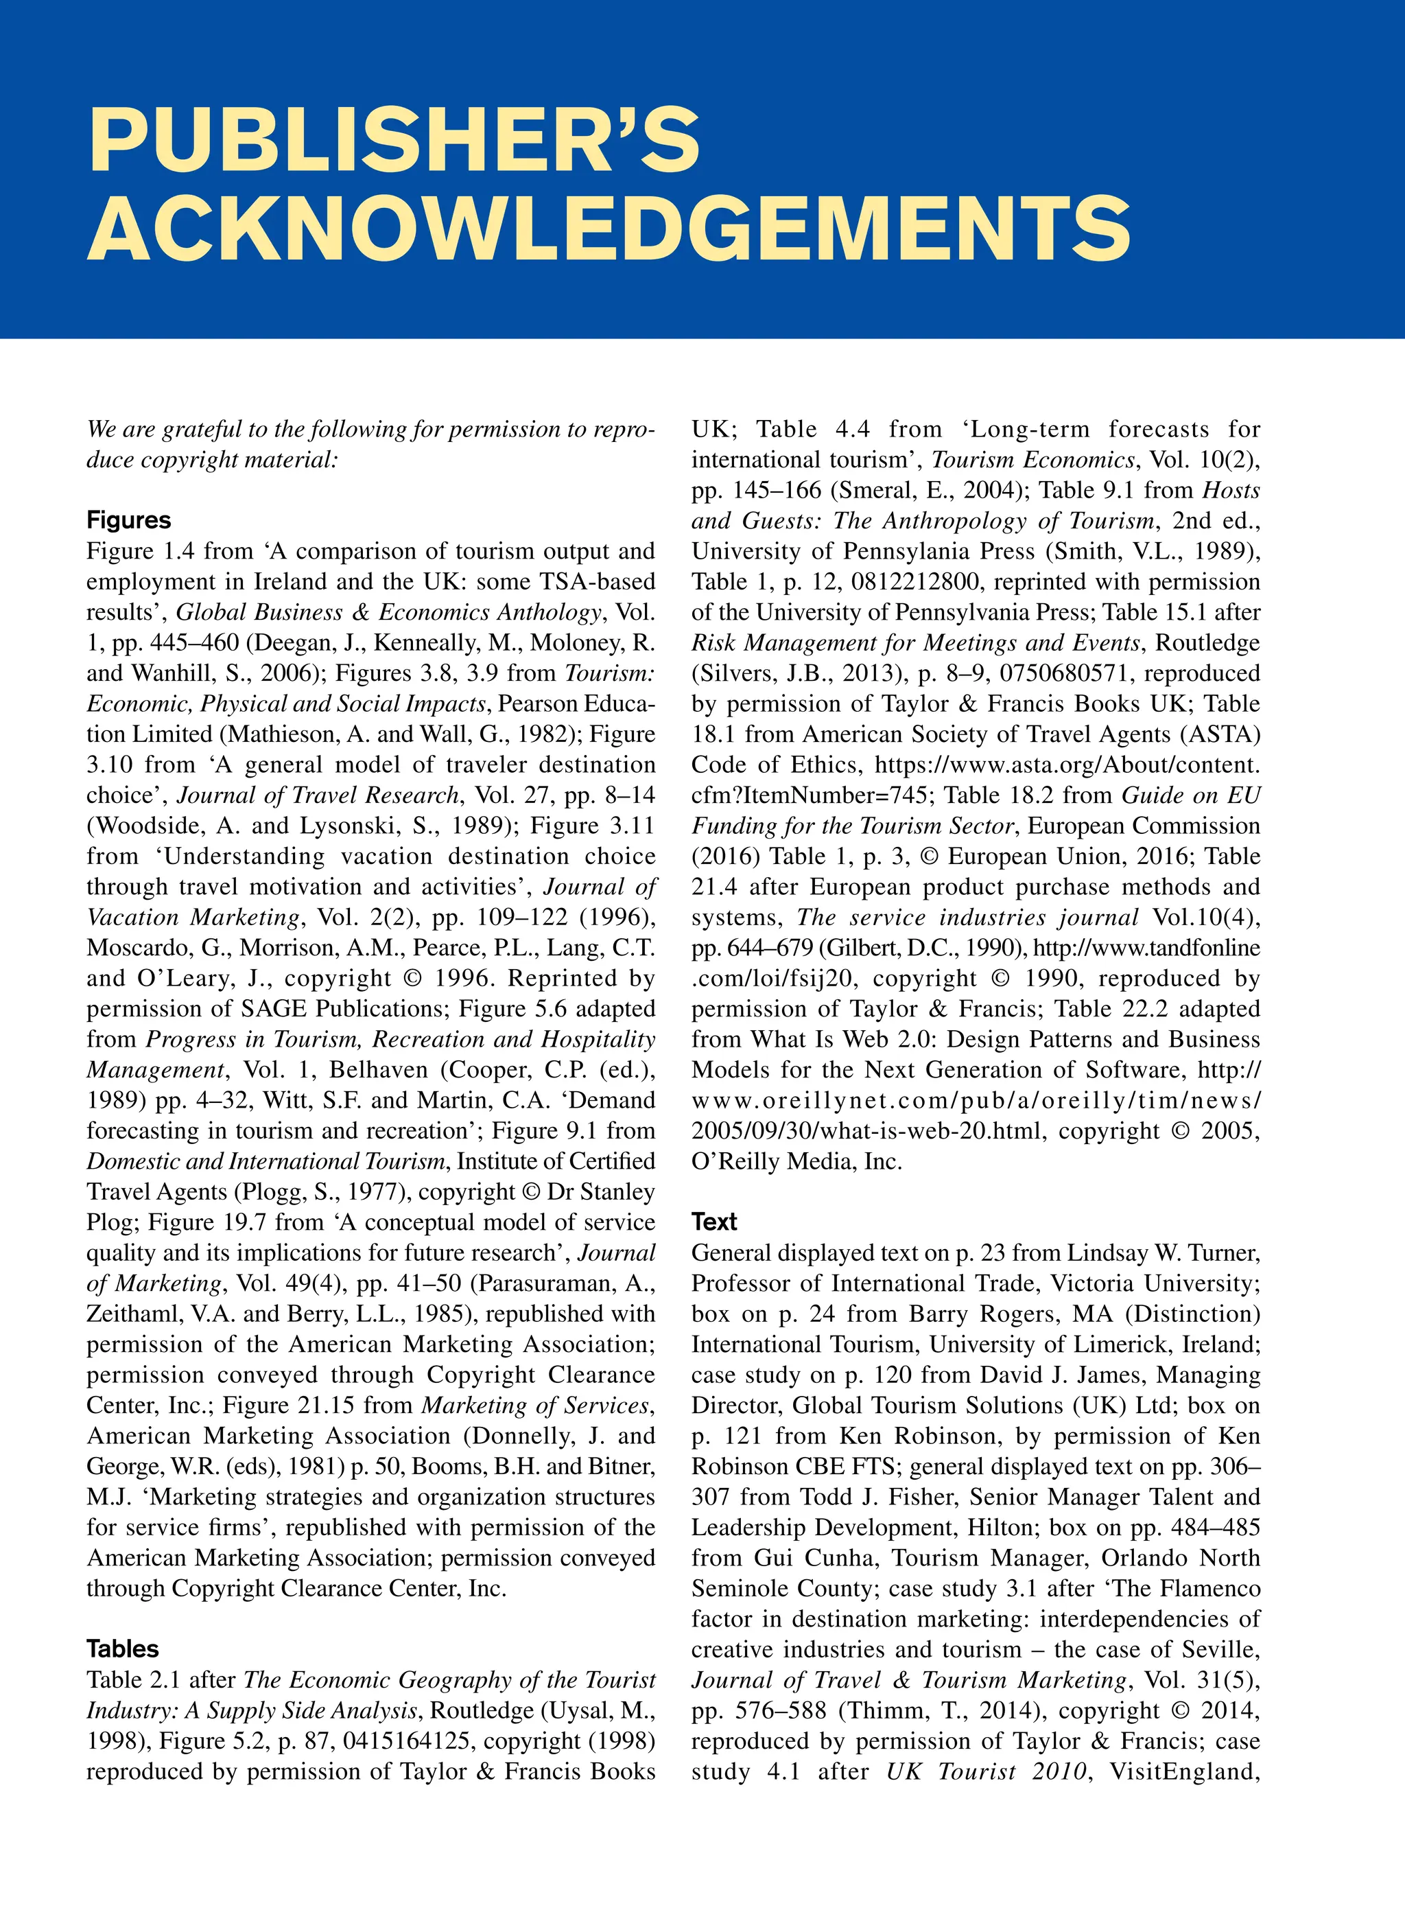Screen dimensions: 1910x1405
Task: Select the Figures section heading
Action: coord(128,520)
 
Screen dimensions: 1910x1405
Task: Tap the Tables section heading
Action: coord(123,1649)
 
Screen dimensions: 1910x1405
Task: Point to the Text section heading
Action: coord(714,1222)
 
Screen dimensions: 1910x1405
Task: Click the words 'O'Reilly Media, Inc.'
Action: coord(796,1161)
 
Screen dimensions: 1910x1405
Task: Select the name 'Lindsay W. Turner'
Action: coord(1164,1253)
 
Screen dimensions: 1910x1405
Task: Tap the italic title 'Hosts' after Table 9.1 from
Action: coord(1231,490)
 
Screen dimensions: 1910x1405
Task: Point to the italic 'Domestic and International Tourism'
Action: coord(265,1161)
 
